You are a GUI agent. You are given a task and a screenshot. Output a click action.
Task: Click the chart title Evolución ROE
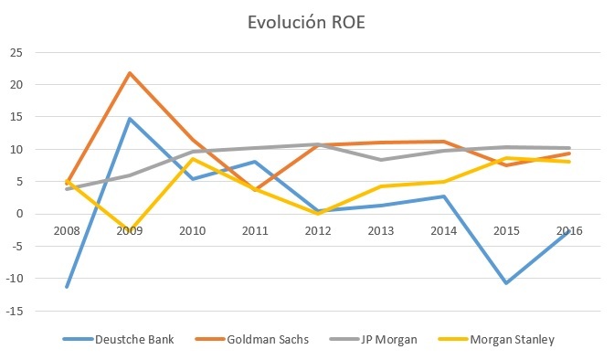pyautogui.click(x=306, y=26)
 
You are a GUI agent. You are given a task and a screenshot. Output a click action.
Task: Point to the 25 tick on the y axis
pyautogui.click(x=16, y=52)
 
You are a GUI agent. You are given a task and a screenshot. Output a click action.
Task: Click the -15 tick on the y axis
pyautogui.click(x=14, y=311)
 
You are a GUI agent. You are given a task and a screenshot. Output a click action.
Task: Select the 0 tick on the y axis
pyautogui.click(x=19, y=214)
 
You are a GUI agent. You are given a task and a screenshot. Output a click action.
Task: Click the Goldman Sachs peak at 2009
pyautogui.click(x=131, y=72)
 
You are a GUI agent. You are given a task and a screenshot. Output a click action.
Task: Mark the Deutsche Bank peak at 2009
pyautogui.click(x=131, y=119)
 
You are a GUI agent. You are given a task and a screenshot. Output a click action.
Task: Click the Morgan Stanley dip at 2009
pyautogui.click(x=131, y=232)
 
